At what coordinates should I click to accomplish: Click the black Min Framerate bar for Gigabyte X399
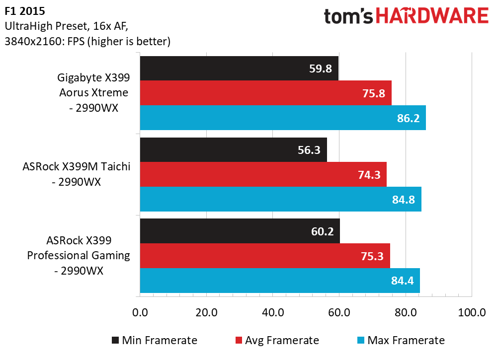[239, 68]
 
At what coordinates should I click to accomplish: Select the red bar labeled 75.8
[265, 93]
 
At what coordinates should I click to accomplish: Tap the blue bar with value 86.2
[283, 118]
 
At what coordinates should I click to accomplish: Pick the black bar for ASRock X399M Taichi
[233, 149]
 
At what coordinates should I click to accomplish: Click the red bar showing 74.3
[263, 174]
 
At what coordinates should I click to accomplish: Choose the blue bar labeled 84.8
[280, 199]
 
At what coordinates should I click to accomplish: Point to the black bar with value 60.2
[240, 231]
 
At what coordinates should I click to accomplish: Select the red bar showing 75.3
[265, 256]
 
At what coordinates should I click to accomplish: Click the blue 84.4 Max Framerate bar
[280, 281]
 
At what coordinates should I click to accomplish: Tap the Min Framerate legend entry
[154, 340]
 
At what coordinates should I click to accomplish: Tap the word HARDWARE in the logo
[432, 16]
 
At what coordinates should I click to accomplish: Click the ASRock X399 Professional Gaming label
[79, 256]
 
